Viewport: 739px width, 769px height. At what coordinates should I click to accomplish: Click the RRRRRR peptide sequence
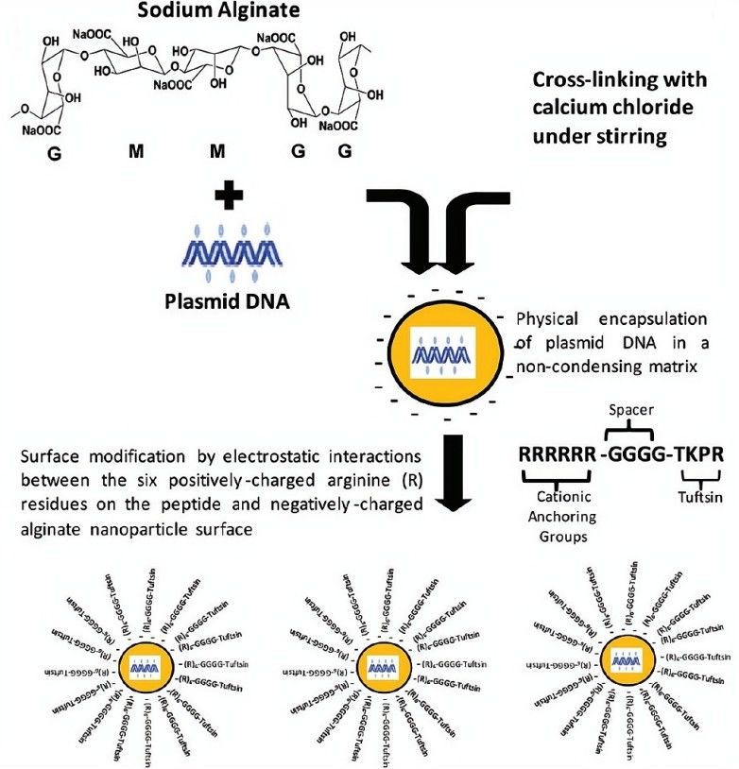click(558, 454)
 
